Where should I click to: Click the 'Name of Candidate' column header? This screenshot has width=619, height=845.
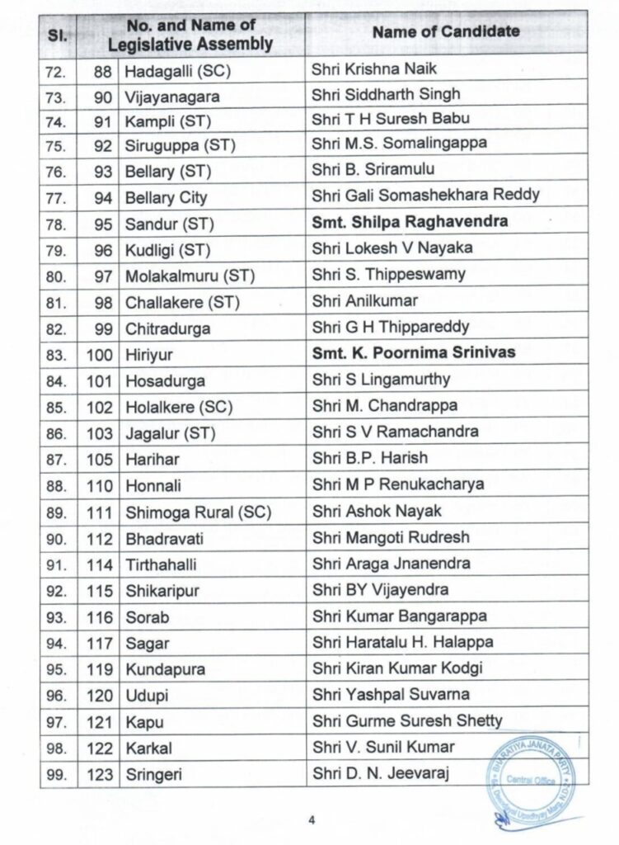446,32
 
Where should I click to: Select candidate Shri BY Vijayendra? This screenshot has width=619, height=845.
380,590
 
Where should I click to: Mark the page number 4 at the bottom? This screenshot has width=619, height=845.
312,819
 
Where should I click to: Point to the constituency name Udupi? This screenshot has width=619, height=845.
146,696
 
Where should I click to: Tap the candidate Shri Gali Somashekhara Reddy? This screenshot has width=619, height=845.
425,195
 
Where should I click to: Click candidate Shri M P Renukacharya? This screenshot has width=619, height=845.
397,485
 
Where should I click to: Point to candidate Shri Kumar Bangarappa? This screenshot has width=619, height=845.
399,616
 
